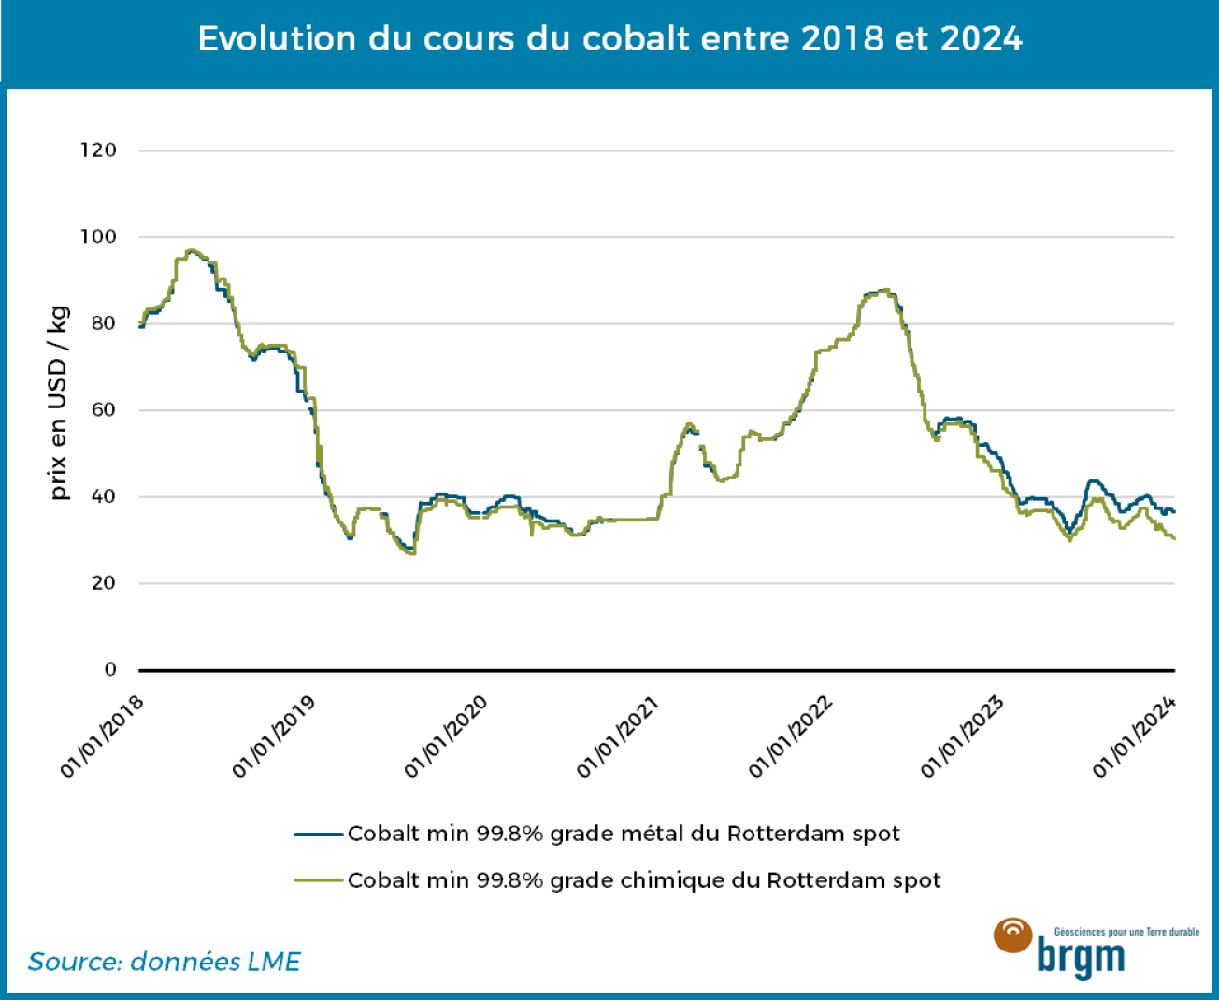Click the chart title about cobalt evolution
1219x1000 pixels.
pyautogui.click(x=609, y=39)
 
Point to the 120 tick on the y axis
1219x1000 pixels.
pyautogui.click(x=98, y=150)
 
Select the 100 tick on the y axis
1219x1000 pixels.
pyautogui.click(x=98, y=237)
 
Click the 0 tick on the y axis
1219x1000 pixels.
pyautogui.click(x=110, y=669)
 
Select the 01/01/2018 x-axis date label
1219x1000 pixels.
pyautogui.click(x=103, y=736)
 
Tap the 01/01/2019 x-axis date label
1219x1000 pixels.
pyautogui.click(x=275, y=736)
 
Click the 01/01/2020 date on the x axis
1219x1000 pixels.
pyautogui.click(x=447, y=736)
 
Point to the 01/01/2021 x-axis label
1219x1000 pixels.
pyautogui.click(x=619, y=736)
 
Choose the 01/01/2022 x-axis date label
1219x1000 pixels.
pyautogui.click(x=791, y=736)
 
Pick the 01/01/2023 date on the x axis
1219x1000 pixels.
pyautogui.click(x=963, y=736)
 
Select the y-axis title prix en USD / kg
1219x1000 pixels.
pyautogui.click(x=59, y=403)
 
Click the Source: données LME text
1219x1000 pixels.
pyautogui.click(x=165, y=962)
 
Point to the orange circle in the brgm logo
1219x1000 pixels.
pyautogui.click(x=1012, y=936)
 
